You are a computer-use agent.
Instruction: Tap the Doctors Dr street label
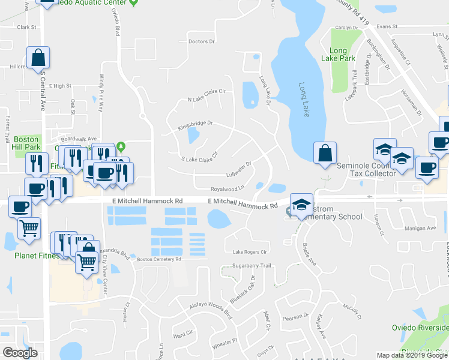(201, 41)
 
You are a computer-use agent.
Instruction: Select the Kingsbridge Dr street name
(196, 125)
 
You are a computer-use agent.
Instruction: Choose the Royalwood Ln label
(228, 188)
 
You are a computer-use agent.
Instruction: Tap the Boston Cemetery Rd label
(159, 259)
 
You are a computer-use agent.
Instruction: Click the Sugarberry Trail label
(252, 265)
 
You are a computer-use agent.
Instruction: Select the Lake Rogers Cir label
(246, 252)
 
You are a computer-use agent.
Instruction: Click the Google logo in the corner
(20, 353)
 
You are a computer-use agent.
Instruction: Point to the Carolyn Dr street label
(346, 28)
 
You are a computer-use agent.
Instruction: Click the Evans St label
(387, 27)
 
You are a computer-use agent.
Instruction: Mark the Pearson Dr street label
(295, 315)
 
